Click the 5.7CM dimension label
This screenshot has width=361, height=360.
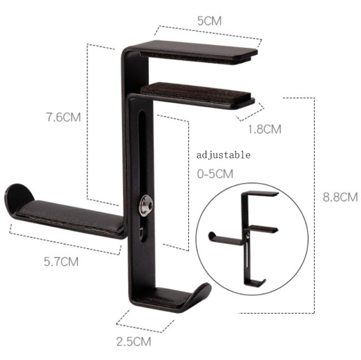pyautogui.click(x=61, y=262)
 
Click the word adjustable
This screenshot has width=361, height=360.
pyautogui.click(x=224, y=155)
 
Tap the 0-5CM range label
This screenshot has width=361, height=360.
pyautogui.click(x=215, y=174)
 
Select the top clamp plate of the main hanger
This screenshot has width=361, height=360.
pyautogui.click(x=202, y=51)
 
